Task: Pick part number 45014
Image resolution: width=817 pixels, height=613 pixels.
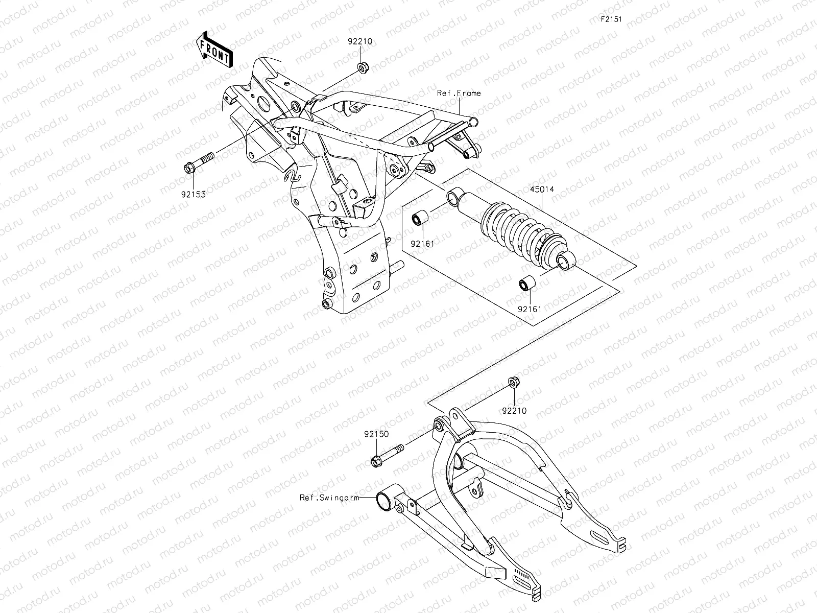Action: tap(541, 190)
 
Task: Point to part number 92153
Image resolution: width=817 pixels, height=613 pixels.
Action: tap(193, 194)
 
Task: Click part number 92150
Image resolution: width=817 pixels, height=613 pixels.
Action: tap(376, 434)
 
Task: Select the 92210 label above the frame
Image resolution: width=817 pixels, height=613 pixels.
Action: tap(361, 43)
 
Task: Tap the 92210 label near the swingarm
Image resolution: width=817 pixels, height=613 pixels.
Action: tap(514, 410)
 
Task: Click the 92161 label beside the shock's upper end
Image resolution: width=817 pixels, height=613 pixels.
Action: tap(422, 244)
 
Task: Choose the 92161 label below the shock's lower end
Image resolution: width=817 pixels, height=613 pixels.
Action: tap(529, 309)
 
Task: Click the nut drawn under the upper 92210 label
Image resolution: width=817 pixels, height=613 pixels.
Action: tap(362, 67)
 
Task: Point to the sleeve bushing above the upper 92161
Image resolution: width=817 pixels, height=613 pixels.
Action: tap(420, 220)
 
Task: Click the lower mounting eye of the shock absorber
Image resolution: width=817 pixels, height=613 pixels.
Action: tap(565, 263)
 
